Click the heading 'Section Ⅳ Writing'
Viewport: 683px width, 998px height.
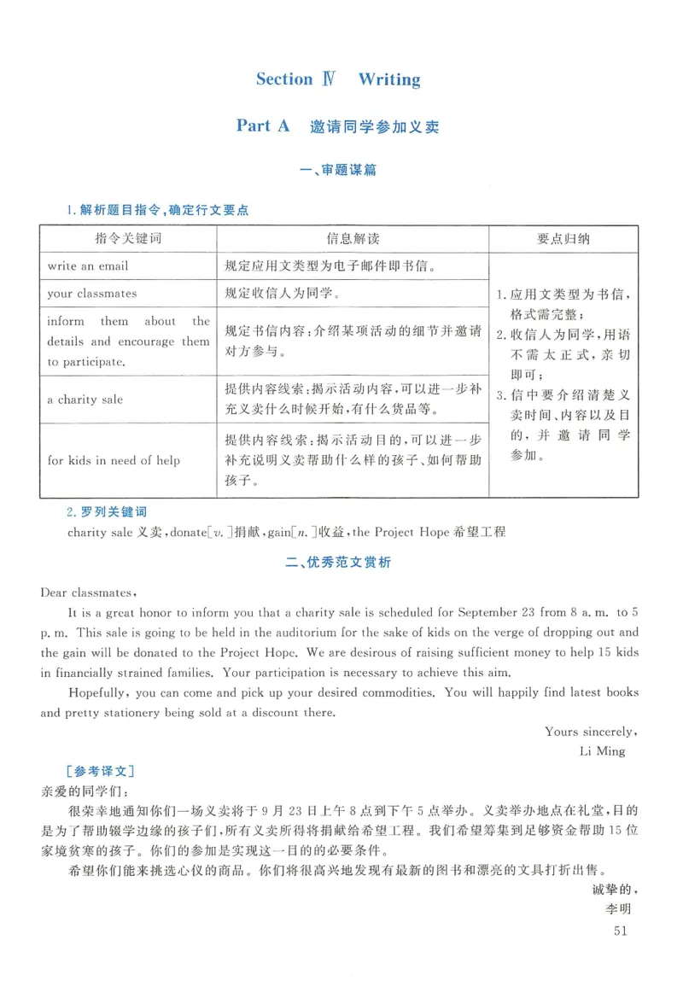pyautogui.click(x=338, y=79)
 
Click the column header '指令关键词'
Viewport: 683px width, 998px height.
pyautogui.click(x=127, y=239)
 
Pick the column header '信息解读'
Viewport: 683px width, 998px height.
pyautogui.click(x=352, y=239)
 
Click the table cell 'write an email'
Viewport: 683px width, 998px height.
pyautogui.click(x=88, y=266)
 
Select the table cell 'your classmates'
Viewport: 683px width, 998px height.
pyautogui.click(x=92, y=294)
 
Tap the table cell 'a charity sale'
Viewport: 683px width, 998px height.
pyautogui.click(x=85, y=400)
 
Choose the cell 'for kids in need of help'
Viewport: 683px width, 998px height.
pyautogui.click(x=114, y=460)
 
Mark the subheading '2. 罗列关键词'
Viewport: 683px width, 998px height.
pyautogui.click(x=107, y=512)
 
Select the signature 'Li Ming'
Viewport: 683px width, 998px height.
pyautogui.click(x=602, y=751)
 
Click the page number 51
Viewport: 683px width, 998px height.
pyautogui.click(x=621, y=931)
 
